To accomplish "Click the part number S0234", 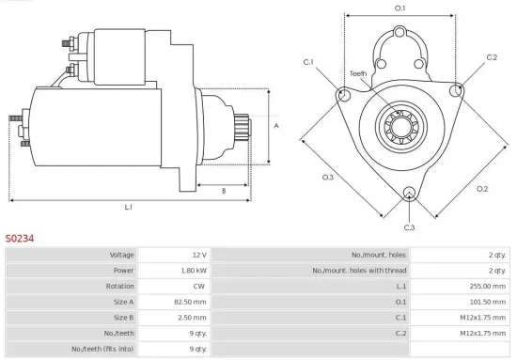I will tap(20, 239).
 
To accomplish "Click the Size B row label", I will tap(122, 319).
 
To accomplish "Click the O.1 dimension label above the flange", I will tap(400, 8).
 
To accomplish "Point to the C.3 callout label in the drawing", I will tap(409, 227).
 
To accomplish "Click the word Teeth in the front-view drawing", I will tap(358, 73).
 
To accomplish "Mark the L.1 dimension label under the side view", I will tap(128, 206).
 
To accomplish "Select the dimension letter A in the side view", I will tap(276, 124).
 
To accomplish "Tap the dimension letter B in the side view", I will tap(223, 191).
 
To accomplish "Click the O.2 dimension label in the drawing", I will tap(482, 189).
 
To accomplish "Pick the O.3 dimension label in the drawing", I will tap(328, 177).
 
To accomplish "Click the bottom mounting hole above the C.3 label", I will tap(409, 195).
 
